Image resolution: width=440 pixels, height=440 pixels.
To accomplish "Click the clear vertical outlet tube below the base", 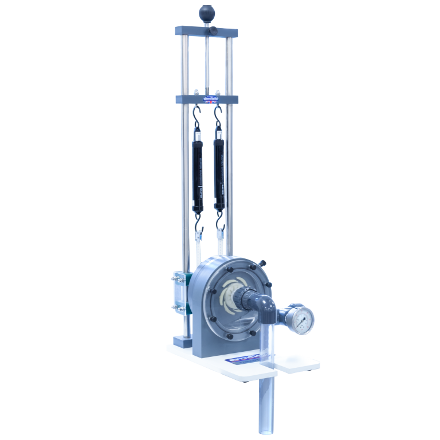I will [266, 401].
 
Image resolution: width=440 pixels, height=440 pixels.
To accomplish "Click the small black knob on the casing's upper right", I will [263, 263].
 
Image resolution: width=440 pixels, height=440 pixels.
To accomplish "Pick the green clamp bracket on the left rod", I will [178, 295].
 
